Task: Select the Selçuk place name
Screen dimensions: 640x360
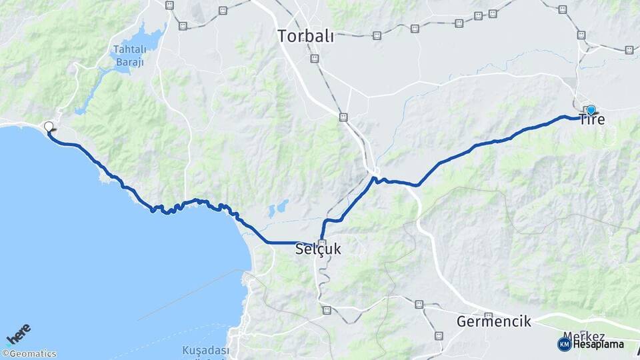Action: (318, 249)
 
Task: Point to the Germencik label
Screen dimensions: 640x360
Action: (494, 321)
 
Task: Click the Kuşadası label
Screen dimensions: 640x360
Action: (205, 351)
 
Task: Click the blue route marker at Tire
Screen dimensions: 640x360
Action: (591, 109)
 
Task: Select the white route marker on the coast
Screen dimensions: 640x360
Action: (49, 126)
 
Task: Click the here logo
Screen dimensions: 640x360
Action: (18, 334)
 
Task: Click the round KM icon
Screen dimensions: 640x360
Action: (564, 344)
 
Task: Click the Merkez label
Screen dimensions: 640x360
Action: (584, 335)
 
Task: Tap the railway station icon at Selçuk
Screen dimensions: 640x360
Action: (323, 243)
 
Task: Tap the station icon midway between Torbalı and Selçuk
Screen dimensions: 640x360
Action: (343, 117)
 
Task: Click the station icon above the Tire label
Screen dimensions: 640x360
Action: (581, 35)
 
